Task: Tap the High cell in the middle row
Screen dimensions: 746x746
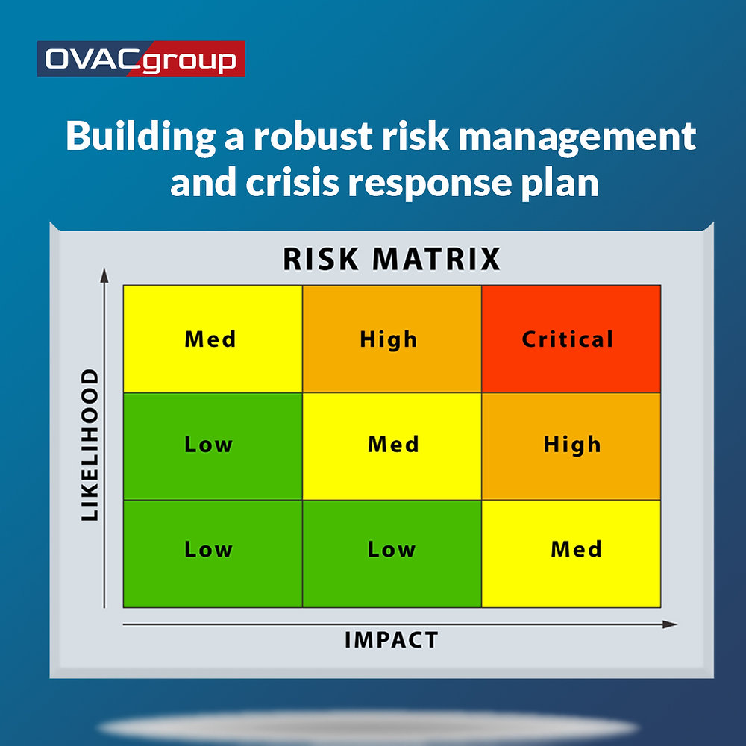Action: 571,445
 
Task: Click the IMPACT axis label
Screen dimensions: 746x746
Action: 391,640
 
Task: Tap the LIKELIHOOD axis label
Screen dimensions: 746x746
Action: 90,445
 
